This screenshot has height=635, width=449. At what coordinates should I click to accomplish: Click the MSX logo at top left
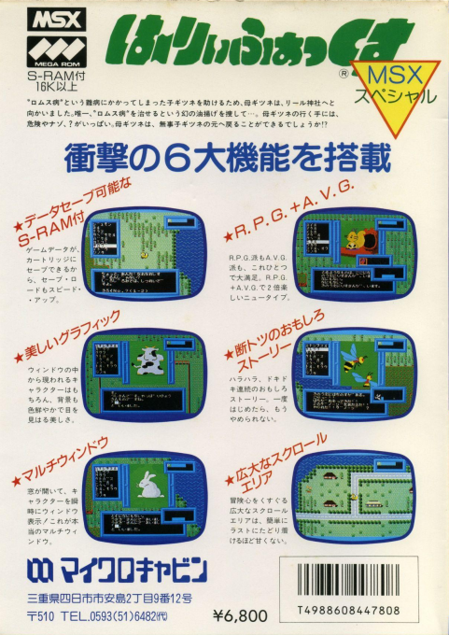pos(45,19)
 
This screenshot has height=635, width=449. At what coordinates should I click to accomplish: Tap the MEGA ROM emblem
pos(45,47)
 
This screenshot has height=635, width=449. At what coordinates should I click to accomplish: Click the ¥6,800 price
pos(240,614)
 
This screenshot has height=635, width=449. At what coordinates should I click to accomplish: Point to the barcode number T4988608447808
pos(360,609)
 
